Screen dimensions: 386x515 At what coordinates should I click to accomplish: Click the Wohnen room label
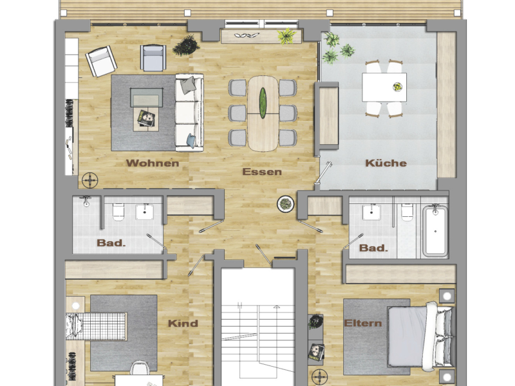coord(152,163)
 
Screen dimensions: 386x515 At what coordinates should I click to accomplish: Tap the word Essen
coord(262,172)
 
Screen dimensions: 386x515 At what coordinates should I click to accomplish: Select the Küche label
coord(386,163)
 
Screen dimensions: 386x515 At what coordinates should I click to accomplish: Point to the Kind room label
coord(183,323)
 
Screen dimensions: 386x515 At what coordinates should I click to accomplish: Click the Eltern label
coord(363,323)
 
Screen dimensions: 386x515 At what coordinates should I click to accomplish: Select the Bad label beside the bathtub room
coord(373,248)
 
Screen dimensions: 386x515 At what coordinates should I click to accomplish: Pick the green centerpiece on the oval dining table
coord(263,101)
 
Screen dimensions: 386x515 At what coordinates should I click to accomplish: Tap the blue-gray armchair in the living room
coord(153,58)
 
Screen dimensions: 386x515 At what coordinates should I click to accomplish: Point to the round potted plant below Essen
coord(285,204)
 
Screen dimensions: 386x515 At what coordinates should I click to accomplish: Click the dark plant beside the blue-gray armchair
coord(186,45)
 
